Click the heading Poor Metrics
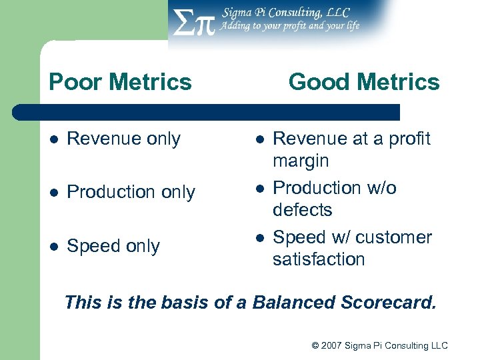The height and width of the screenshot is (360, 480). [x=120, y=82]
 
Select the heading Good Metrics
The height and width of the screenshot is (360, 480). [x=364, y=82]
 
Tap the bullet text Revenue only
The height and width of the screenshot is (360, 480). [x=124, y=139]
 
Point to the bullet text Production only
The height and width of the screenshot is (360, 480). [x=131, y=192]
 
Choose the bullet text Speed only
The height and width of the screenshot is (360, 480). [x=113, y=246]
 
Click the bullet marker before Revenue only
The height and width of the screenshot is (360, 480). [x=54, y=139]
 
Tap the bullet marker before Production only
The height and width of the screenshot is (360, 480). [x=54, y=193]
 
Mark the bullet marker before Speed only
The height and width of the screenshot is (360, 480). [x=54, y=247]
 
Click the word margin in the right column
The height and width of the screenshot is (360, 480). [x=301, y=161]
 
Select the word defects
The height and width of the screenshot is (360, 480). [x=302, y=210]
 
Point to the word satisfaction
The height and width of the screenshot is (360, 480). [x=319, y=259]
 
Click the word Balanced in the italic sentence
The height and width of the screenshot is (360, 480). [x=293, y=303]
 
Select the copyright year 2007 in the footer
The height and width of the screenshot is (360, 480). [x=332, y=345]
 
